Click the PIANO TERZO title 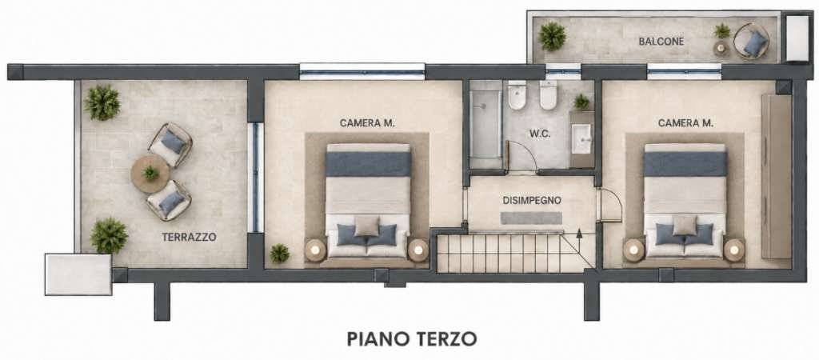[x=412, y=338]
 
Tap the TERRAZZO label [x=189, y=237]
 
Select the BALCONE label [x=661, y=42]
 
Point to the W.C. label [x=540, y=134]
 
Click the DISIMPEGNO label [x=532, y=200]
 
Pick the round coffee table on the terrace [x=150, y=173]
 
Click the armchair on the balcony [x=752, y=42]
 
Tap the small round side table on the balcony [x=721, y=48]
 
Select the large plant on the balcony [x=552, y=36]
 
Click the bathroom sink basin [x=581, y=139]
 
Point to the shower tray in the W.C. [x=485, y=123]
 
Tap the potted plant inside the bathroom [x=581, y=102]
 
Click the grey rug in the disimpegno [x=531, y=218]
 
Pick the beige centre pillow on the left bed [x=367, y=226]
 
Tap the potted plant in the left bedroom [x=279, y=254]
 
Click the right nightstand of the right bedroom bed [x=734, y=250]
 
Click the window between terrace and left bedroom [x=255, y=177]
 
